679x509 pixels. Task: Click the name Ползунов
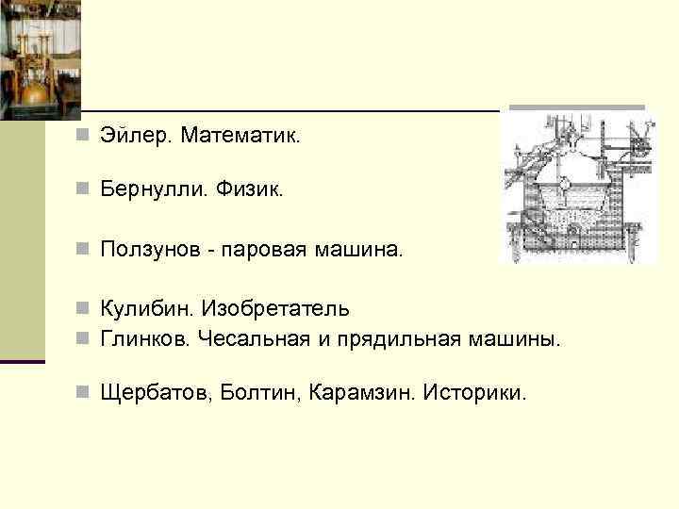153,250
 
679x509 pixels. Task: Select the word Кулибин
145,308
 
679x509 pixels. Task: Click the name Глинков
144,338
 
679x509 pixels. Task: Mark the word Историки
474,391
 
